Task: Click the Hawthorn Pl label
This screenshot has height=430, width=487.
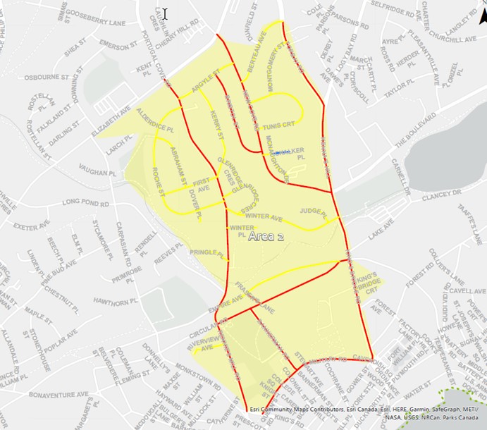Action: [113, 302]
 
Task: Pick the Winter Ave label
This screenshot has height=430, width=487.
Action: [264, 217]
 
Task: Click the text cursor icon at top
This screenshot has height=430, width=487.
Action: [164, 13]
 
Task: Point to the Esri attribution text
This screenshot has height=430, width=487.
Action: [365, 413]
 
